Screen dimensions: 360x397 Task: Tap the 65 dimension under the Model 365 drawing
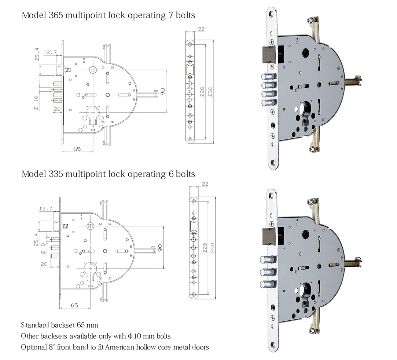(x=77, y=149)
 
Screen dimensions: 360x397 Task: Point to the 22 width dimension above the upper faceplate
(x=201, y=29)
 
